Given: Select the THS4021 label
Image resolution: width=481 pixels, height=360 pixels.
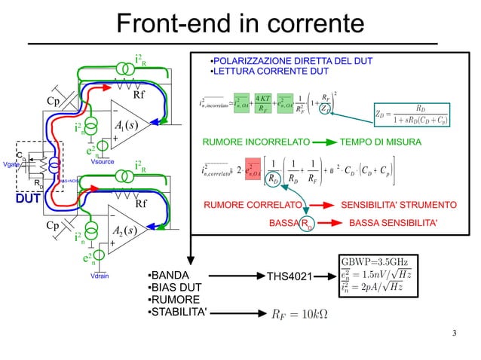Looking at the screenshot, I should (290, 278).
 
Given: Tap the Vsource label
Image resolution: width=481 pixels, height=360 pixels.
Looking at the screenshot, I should (101, 161).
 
